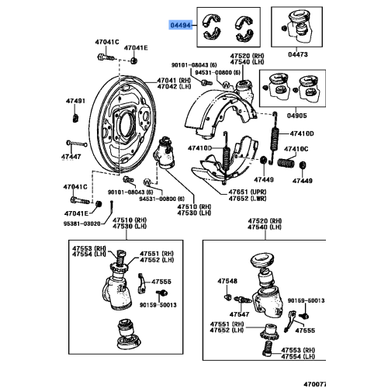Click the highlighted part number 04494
point(182,24)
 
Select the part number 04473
point(299,55)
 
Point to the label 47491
point(74,101)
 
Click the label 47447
point(72,157)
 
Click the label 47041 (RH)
point(174,80)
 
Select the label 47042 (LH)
point(174,87)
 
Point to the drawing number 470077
point(374,383)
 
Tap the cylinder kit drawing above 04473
point(299,28)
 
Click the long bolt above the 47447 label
point(78,145)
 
